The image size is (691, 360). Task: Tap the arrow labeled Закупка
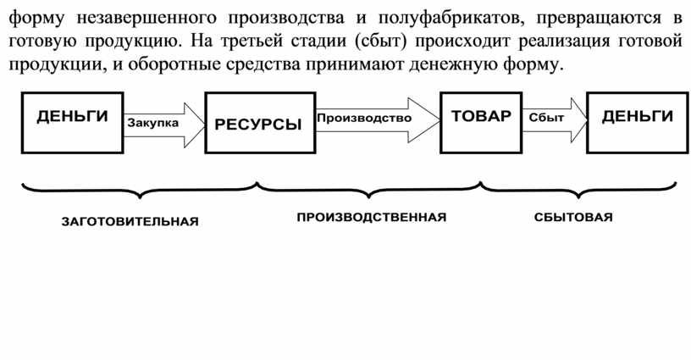pyautogui.click(x=164, y=125)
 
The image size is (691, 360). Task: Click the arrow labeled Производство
pyautogui.click(x=378, y=119)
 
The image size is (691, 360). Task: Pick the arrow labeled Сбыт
pyautogui.click(x=555, y=120)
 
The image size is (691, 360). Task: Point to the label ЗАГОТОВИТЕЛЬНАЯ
pyautogui.click(x=130, y=221)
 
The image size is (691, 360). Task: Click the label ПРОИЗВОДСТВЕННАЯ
pyautogui.click(x=372, y=217)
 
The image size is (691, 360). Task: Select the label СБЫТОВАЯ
pyautogui.click(x=573, y=217)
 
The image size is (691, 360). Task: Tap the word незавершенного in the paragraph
pyautogui.click(x=146, y=19)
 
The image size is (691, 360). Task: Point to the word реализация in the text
pyautogui.click(x=564, y=42)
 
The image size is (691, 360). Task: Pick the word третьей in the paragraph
pyautogui.click(x=252, y=42)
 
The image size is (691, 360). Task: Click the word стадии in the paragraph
pyautogui.click(x=317, y=42)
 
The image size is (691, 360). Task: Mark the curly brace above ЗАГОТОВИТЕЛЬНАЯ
pyautogui.click(x=140, y=191)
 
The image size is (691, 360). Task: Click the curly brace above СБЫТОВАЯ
pyautogui.click(x=578, y=191)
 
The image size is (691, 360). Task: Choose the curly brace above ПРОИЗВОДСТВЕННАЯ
pyautogui.click(x=369, y=191)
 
